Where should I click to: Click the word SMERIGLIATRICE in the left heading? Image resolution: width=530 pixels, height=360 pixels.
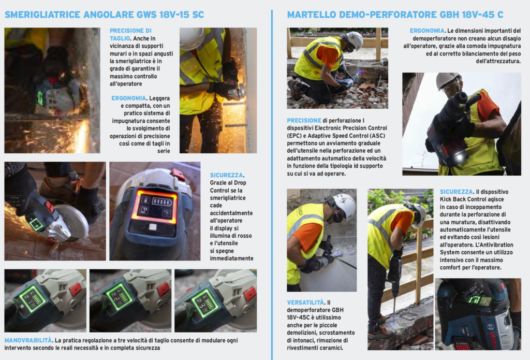pyautogui.click(x=42, y=15)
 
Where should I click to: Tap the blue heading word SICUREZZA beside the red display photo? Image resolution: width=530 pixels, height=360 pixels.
pyautogui.click(x=226, y=175)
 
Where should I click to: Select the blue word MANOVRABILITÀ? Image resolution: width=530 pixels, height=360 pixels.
pyautogui.click(x=28, y=340)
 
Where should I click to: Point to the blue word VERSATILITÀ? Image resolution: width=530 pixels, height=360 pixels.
pyautogui.click(x=305, y=303)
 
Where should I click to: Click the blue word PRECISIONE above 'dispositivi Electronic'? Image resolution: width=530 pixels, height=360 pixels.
pyautogui.click(x=304, y=121)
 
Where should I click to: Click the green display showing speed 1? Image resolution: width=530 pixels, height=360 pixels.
pyautogui.click(x=33, y=298)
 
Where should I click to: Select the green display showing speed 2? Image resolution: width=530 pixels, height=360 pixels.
pyautogui.click(x=120, y=297)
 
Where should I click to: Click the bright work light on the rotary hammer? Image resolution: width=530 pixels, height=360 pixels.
pyautogui.click(x=459, y=157)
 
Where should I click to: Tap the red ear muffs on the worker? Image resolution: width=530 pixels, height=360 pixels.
pyautogui.click(x=337, y=214)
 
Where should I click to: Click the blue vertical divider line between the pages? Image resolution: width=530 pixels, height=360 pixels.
pyautogui.click(x=272, y=185)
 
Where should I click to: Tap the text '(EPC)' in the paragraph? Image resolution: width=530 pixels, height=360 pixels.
pyautogui.click(x=295, y=136)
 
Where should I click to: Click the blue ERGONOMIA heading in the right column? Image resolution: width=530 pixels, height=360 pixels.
pyautogui.click(x=427, y=31)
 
